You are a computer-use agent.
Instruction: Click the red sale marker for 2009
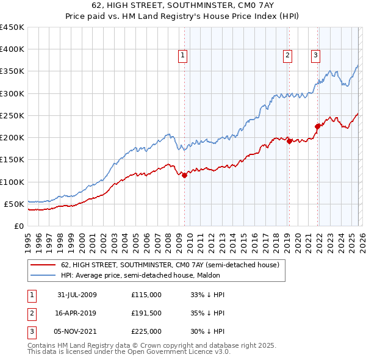(x=184, y=175)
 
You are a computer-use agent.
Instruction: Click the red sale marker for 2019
(x=289, y=141)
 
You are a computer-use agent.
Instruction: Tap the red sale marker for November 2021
(x=317, y=126)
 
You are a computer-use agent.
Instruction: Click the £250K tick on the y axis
(x=12, y=115)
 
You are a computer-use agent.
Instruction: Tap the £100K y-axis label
(x=12, y=182)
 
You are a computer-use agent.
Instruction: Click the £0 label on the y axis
(x=18, y=226)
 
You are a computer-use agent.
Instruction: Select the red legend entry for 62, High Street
(x=170, y=265)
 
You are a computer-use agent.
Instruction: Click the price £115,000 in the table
(x=146, y=295)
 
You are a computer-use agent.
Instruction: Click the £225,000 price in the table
(x=146, y=331)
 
